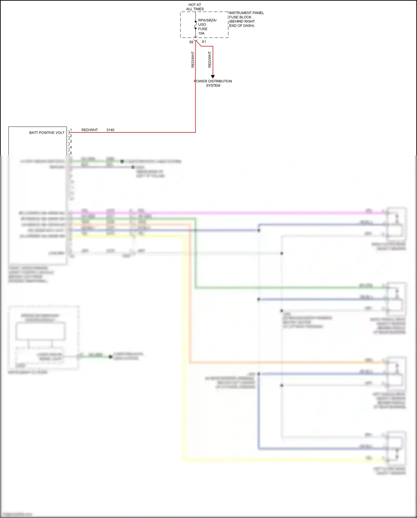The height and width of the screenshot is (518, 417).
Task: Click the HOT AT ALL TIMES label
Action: click(195, 7)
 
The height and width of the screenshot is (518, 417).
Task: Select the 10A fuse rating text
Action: click(201, 33)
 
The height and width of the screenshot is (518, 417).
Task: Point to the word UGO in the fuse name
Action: click(202, 24)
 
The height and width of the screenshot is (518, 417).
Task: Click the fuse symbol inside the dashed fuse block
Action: click(195, 25)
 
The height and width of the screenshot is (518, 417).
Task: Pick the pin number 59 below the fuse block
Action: click(191, 42)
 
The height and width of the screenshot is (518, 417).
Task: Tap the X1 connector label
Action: click(204, 42)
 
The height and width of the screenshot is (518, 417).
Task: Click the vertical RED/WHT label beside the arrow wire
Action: click(210, 60)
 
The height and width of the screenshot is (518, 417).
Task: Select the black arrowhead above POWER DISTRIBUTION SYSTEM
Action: click(213, 77)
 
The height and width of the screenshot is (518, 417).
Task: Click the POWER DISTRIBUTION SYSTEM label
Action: click(213, 83)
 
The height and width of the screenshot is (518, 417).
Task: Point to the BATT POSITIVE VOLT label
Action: click(47, 133)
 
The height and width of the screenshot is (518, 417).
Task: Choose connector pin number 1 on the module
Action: click(71, 130)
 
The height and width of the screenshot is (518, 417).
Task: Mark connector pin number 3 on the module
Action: click(71, 141)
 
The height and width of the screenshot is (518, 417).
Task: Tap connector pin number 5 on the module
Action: click(71, 153)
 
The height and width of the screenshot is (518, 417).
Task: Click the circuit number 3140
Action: click(110, 130)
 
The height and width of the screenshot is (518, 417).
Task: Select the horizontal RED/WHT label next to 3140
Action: click(90, 130)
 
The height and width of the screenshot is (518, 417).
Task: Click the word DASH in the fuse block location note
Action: click(248, 26)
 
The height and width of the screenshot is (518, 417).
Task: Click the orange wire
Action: click(190, 306)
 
